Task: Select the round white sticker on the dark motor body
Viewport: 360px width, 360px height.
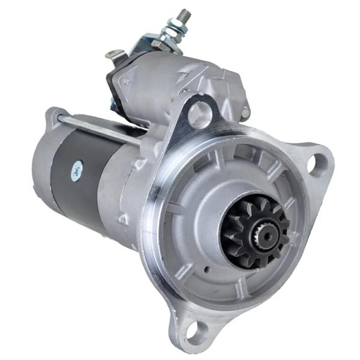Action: [76, 170]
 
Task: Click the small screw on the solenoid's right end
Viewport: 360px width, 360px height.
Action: [245, 112]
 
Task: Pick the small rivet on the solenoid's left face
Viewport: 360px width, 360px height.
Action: [125, 80]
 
